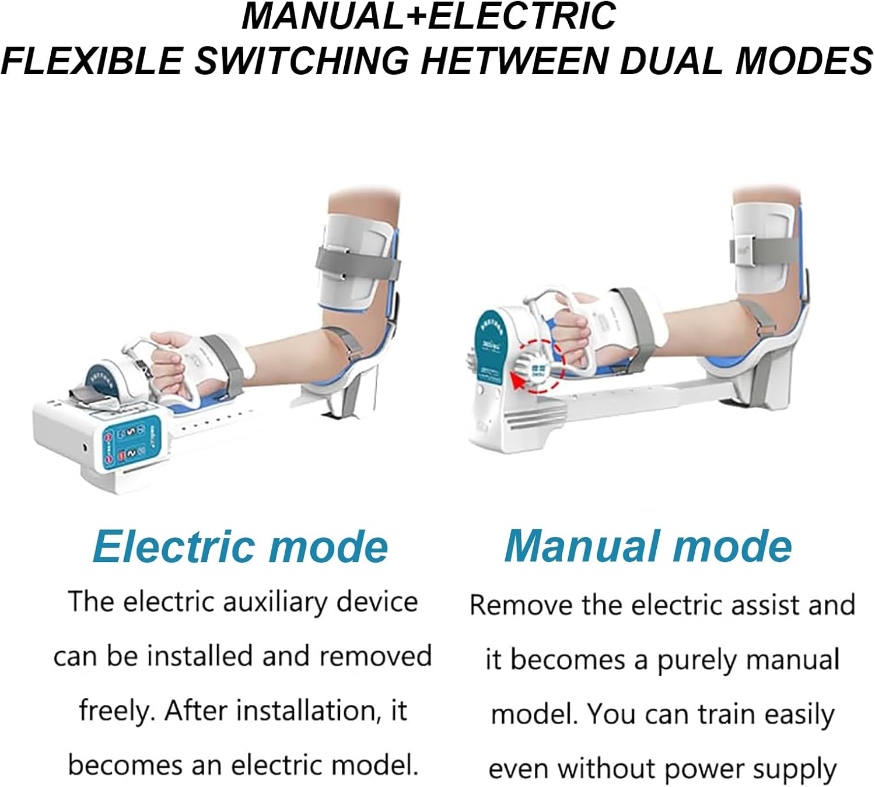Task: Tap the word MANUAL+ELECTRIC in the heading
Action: pos(429,16)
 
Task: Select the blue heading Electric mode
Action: pos(240,547)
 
